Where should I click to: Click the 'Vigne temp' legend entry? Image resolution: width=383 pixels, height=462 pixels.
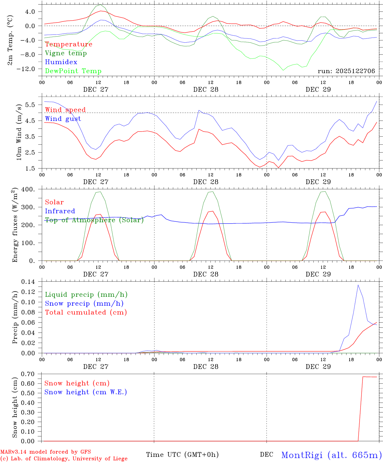coord(66,53)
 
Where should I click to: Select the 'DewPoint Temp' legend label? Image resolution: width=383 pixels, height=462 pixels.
coord(73,71)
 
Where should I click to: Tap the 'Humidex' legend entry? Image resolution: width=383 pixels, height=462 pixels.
coord(61,62)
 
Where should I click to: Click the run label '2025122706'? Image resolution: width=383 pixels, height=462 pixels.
coord(346,71)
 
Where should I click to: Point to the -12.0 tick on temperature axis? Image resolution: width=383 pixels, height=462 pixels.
coord(30,69)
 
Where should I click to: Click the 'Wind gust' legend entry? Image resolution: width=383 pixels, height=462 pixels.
coord(63,119)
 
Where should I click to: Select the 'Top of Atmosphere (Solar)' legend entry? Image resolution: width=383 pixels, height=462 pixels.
coord(94,220)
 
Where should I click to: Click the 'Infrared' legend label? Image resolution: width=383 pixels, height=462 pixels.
coord(60,211)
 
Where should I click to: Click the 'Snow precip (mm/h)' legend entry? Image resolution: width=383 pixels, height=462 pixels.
coord(84,304)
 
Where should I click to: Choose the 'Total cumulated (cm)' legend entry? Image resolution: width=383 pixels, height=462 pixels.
coord(86,312)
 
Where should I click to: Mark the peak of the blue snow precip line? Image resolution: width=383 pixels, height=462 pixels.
coord(358,285)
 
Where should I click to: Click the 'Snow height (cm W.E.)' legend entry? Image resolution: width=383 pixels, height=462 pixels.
coord(86,392)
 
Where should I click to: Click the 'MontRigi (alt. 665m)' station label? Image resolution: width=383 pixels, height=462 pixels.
coord(331,455)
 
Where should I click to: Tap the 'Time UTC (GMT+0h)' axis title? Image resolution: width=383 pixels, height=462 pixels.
coord(182,455)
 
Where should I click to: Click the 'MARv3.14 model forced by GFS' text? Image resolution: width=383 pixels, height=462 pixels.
coord(45,452)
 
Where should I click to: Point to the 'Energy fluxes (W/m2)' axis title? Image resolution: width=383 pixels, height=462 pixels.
coord(15,226)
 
